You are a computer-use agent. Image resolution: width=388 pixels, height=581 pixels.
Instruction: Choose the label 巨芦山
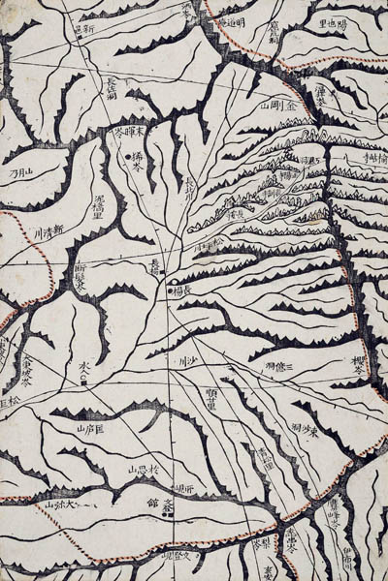96,426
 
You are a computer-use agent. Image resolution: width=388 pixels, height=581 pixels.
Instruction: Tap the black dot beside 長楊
171,289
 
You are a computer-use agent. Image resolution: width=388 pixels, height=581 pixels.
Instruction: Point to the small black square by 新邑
77,30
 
